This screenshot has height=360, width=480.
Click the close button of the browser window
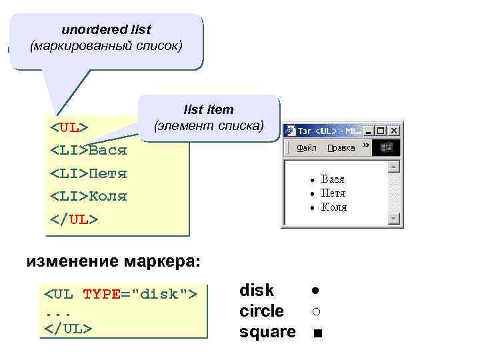tap(393, 131)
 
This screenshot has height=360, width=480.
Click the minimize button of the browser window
tap(369, 131)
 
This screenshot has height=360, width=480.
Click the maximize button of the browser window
tap(381, 131)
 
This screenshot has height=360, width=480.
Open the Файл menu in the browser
tap(307, 148)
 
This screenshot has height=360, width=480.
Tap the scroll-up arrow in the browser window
tap(394, 166)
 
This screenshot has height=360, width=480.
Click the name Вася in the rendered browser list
tap(333, 179)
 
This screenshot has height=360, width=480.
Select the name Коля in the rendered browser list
tap(334, 207)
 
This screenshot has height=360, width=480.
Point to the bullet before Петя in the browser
tap(311, 194)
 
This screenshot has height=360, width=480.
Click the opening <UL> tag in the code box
tap(69, 127)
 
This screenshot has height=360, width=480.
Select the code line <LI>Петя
tap(89, 173)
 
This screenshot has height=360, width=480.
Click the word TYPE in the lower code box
tap(101, 293)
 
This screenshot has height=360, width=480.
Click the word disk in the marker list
tap(257, 291)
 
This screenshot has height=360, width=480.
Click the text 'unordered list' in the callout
tap(106, 30)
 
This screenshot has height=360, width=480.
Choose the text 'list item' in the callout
tap(209, 109)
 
